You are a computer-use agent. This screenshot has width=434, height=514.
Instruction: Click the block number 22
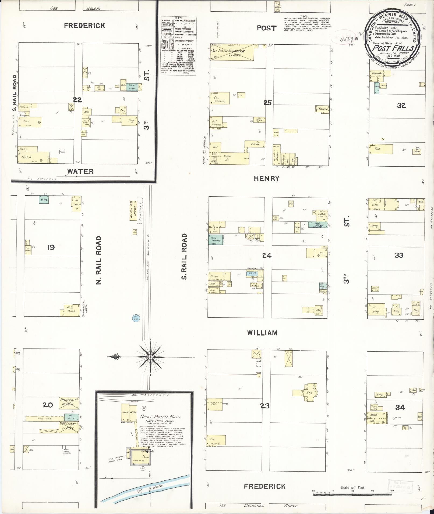coord(77,100)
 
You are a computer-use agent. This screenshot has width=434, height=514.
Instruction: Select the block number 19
coord(51,247)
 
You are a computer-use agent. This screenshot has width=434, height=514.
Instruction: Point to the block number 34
coord(400,408)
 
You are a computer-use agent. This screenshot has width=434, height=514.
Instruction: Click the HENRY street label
coord(266,178)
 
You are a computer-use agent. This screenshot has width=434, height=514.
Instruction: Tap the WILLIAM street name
coord(262,333)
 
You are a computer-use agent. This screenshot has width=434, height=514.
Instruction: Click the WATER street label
coord(80,171)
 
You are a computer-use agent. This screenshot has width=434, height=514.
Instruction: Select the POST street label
coord(266,28)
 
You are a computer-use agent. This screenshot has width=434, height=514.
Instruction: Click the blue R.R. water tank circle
coord(135,318)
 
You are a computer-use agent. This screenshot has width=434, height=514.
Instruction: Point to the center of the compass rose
coord(151,357)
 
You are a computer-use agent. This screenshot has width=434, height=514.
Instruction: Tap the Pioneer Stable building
coord(69,402)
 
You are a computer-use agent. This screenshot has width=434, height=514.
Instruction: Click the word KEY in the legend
coord(178,18)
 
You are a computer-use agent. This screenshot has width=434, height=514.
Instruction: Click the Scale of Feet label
coord(352,487)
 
